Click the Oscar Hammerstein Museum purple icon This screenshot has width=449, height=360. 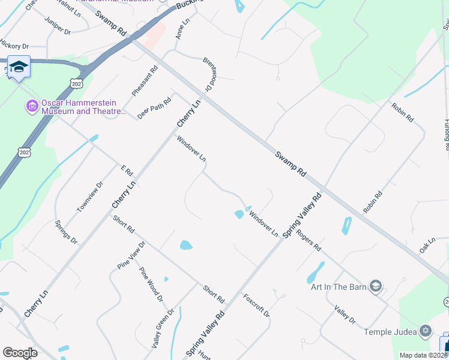coord(32,107)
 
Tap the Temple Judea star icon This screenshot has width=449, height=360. coord(425,331)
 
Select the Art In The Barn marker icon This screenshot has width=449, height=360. coord(376,286)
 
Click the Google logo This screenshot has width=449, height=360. coord(20,352)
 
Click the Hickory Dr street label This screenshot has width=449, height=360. coord(14,45)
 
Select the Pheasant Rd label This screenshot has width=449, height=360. coord(145,80)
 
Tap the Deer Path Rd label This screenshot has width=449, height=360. coord(149,109)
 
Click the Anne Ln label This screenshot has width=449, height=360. coord(182,29)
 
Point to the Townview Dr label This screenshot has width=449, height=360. coord(90,196)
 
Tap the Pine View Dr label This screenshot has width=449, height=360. coord(131,255)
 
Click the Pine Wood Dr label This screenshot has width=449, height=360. coord(151,284)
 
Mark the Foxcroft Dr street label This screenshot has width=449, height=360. coord(256,305)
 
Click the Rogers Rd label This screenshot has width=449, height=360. coord(309,243)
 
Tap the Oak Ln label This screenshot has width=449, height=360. coord(427,245)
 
